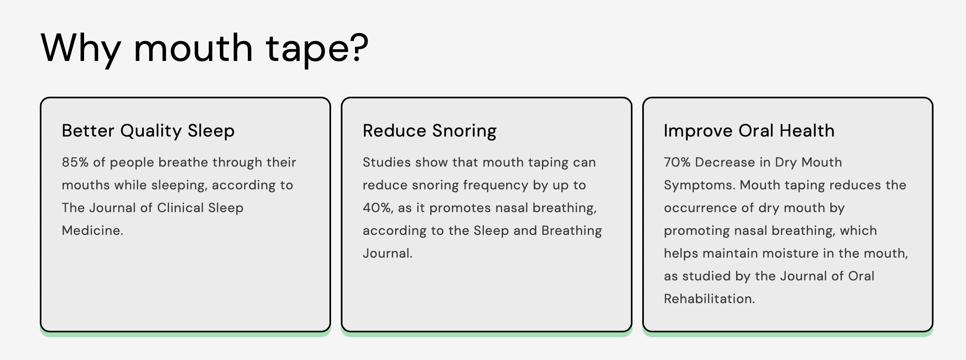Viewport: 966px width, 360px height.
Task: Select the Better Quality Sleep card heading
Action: [148, 131]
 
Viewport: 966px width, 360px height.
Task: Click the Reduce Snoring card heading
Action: [430, 131]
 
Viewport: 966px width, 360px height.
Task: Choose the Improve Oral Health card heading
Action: [749, 131]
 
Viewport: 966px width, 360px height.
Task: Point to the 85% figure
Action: [75, 162]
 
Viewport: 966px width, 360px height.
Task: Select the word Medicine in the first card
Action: [92, 230]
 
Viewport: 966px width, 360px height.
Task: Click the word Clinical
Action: [180, 208]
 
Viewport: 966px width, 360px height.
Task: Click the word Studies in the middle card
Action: [387, 162]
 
